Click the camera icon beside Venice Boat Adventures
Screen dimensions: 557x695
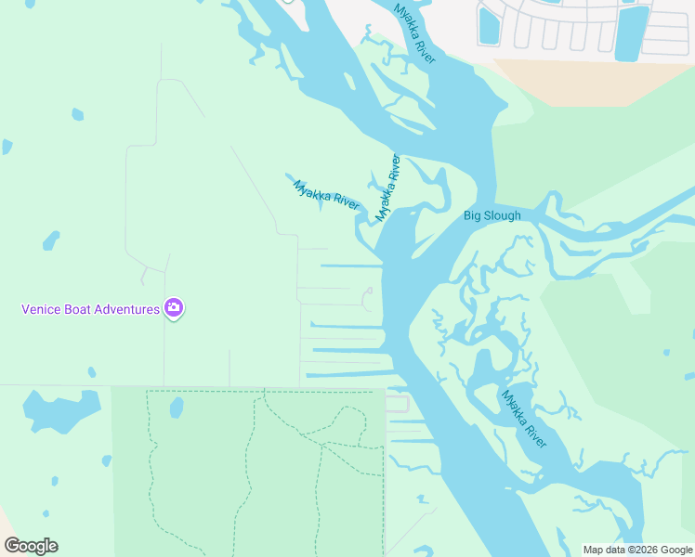(173, 308)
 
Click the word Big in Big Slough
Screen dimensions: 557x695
(473, 216)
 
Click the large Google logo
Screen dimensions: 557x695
(31, 546)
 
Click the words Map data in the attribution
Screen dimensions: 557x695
(604, 550)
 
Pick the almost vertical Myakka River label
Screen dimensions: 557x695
(387, 188)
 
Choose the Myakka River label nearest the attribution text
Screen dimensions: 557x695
(524, 419)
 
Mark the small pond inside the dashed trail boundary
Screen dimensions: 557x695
(177, 408)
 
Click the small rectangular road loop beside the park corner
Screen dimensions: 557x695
(397, 403)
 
